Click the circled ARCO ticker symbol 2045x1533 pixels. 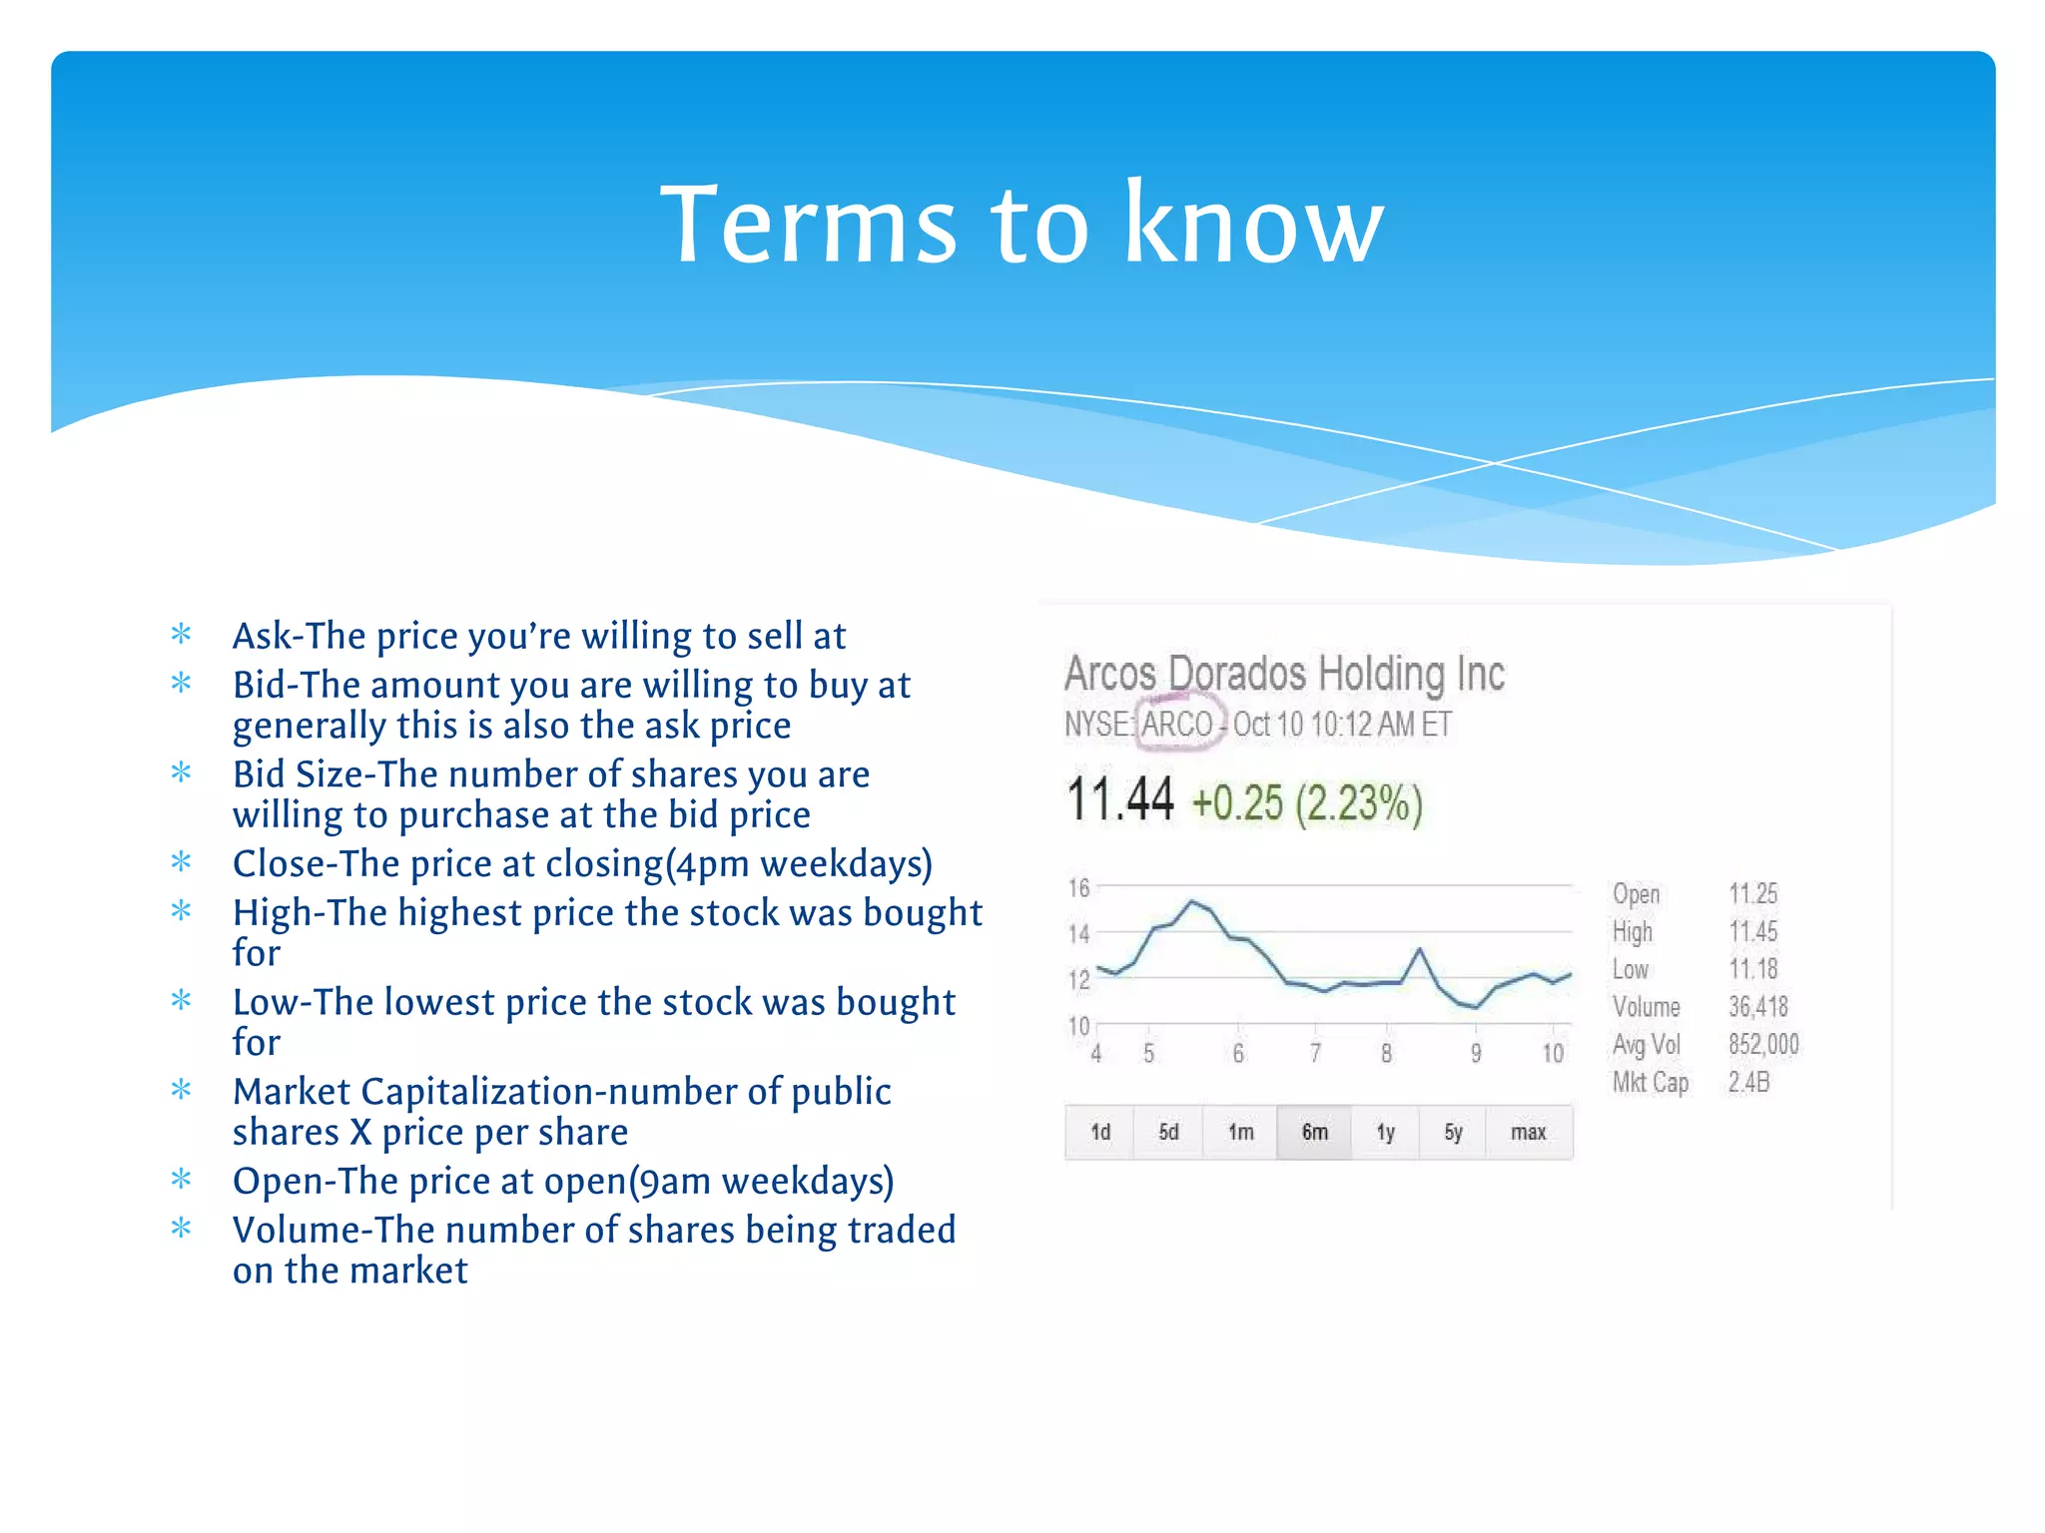[1177, 724]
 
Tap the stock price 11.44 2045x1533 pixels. [1119, 800]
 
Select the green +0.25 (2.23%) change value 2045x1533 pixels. [1307, 803]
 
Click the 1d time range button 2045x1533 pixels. [1099, 1132]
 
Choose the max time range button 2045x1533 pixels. [1528, 1132]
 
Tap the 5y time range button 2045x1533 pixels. [1453, 1132]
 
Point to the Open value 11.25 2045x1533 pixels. [1752, 893]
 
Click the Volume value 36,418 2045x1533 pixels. [1757, 1007]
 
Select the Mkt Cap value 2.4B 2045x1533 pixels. [1748, 1082]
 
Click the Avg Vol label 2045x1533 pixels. [1646, 1045]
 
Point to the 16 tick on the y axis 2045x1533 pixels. [1078, 887]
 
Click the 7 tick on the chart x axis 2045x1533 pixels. [1315, 1053]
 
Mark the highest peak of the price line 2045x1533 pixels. [1191, 901]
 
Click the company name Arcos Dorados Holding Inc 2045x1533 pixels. [1284, 674]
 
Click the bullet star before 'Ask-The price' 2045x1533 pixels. [181, 634]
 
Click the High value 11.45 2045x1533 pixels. [1752, 931]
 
